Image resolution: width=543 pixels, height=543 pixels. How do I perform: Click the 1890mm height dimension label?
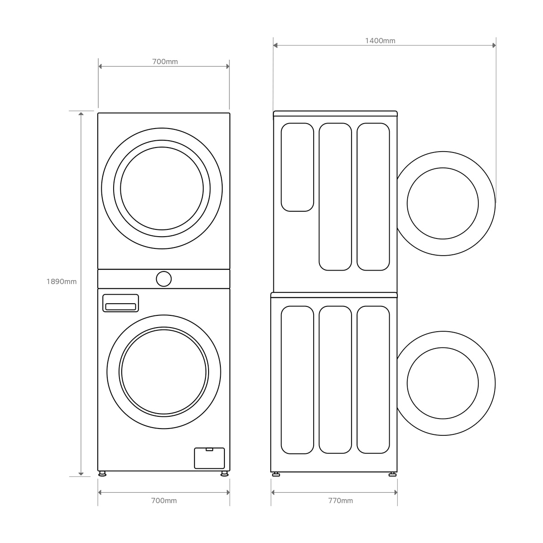62,281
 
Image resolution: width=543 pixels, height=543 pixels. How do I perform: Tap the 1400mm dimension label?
380,41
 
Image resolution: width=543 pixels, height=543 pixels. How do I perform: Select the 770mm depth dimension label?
340,501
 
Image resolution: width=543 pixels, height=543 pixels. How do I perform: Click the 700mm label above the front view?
165,62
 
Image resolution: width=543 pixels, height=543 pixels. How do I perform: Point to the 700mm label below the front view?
164,501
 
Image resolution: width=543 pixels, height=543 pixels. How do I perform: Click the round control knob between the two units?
164,279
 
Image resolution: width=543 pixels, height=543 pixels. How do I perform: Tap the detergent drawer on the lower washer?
121,303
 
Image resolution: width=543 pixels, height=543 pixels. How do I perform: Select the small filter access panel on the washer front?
210,458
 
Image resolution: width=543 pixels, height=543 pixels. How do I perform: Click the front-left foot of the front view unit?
102,474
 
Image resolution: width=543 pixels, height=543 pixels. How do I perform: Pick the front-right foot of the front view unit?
224,474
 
